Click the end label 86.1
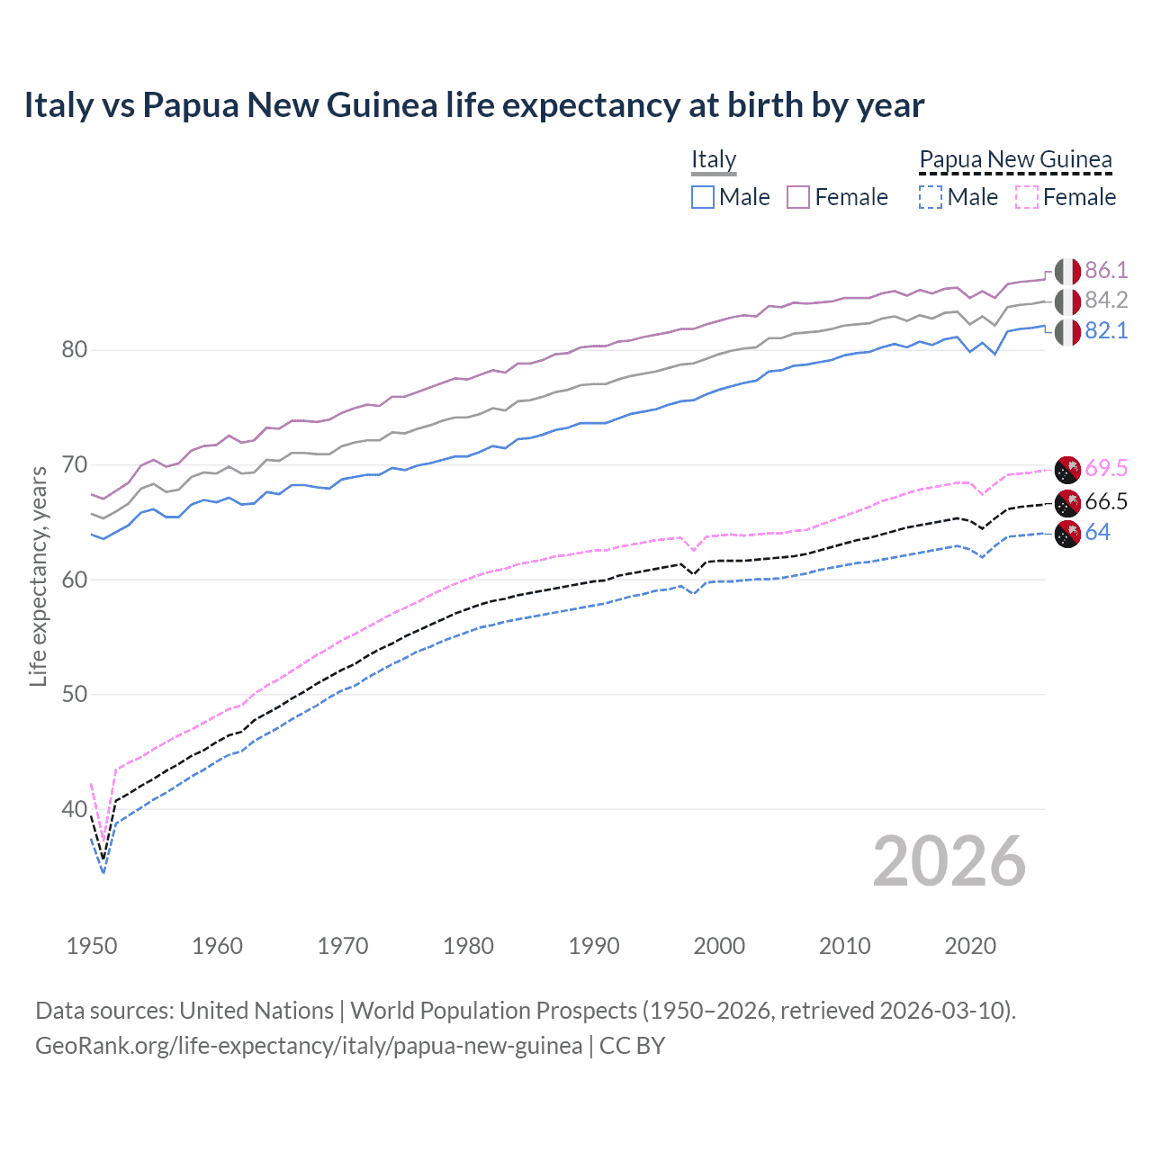tap(1106, 270)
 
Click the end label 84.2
tap(1106, 300)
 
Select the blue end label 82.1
tap(1106, 330)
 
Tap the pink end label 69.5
tap(1106, 468)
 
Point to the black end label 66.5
tap(1106, 501)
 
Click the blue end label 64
tap(1097, 532)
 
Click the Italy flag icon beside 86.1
tap(1067, 271)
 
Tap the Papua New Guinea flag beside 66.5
tap(1067, 502)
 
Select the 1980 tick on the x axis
tap(468, 946)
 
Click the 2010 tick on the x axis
tap(844, 946)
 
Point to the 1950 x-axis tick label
tap(92, 946)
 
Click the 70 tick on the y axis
tap(75, 464)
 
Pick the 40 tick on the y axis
tap(75, 809)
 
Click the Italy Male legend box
tap(703, 197)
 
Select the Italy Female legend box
tap(798, 197)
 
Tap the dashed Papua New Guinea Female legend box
tap(1027, 197)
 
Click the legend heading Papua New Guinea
tap(1015, 159)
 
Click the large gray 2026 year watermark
tap(949, 861)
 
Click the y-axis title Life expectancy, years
tap(39, 576)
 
